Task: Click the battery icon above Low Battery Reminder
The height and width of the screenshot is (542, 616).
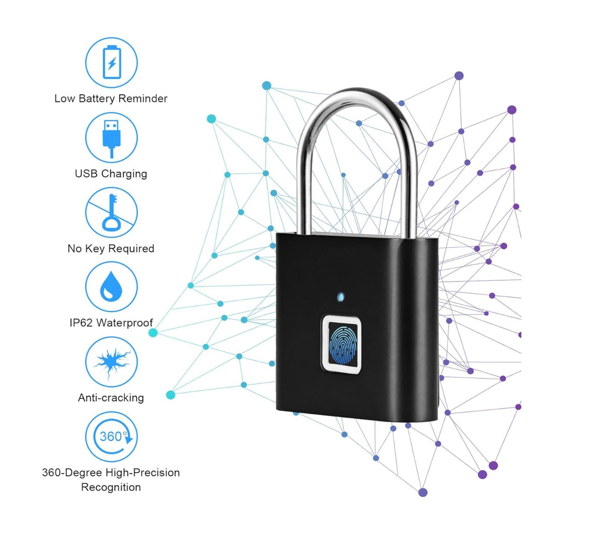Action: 111,62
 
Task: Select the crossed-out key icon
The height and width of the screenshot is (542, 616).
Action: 111,212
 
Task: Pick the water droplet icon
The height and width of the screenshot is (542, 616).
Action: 111,287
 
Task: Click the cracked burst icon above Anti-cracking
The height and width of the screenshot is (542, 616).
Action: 111,361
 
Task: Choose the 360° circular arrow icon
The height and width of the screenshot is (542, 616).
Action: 111,436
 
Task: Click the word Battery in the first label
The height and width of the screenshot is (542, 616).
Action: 96,98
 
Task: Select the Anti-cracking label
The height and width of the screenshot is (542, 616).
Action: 111,397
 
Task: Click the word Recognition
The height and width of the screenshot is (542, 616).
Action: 111,487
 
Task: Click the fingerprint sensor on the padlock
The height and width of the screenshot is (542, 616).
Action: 341,344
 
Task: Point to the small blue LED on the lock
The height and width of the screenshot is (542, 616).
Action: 341,297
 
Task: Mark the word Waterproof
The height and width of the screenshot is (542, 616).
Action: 125,323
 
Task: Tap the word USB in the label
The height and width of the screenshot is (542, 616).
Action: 86,173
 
